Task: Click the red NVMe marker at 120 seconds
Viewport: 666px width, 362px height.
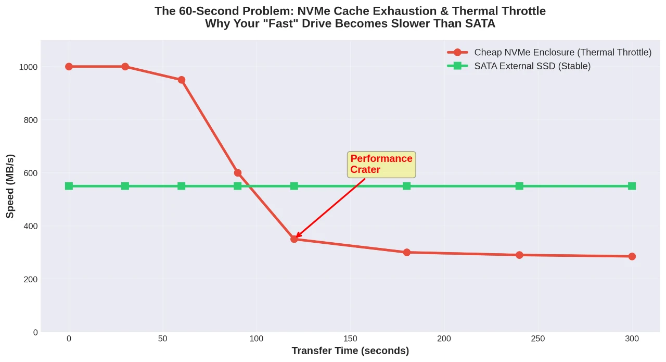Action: [294, 239]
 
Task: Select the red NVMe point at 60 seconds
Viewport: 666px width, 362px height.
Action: [182, 80]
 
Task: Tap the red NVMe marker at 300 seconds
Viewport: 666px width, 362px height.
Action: [632, 256]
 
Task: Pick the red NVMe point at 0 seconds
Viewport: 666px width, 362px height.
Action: [69, 67]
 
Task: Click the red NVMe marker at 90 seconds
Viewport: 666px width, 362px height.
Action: [238, 173]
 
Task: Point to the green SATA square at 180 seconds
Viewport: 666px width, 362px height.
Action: [406, 186]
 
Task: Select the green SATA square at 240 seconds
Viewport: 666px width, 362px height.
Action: [519, 186]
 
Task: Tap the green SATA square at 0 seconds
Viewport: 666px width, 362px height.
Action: [69, 186]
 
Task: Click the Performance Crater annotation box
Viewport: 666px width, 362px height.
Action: [381, 165]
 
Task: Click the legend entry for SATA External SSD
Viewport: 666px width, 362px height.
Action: [532, 66]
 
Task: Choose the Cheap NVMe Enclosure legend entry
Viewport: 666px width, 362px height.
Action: [562, 52]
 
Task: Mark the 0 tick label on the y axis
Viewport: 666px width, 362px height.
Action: [35, 332]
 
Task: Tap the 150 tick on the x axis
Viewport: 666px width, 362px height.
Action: [350, 339]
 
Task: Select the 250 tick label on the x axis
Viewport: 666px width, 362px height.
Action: [538, 339]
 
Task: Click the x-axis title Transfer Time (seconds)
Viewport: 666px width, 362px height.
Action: [350, 351]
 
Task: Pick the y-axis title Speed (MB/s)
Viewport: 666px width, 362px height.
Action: [10, 186]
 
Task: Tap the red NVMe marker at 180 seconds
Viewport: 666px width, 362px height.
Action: [406, 252]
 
